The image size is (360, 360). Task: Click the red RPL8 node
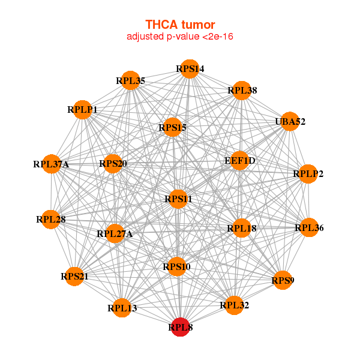181,328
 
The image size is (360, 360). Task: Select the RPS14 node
190,68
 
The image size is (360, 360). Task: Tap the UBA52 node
290,122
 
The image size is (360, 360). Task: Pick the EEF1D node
239,161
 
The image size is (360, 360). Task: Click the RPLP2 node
308,174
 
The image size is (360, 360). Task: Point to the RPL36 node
308,227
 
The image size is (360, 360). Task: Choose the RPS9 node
283,280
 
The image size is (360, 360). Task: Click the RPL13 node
122,308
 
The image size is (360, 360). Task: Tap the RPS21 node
74,277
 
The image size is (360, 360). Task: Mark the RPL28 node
51,219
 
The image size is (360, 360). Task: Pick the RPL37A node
52,164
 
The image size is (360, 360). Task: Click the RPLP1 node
82,109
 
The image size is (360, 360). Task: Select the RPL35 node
131,80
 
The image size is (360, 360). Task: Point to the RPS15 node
173,127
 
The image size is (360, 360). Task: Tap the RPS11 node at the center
178,199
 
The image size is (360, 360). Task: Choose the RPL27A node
115,233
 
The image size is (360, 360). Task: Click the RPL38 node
242,91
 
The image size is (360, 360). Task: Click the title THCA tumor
180,25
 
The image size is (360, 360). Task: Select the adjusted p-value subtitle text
180,37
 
